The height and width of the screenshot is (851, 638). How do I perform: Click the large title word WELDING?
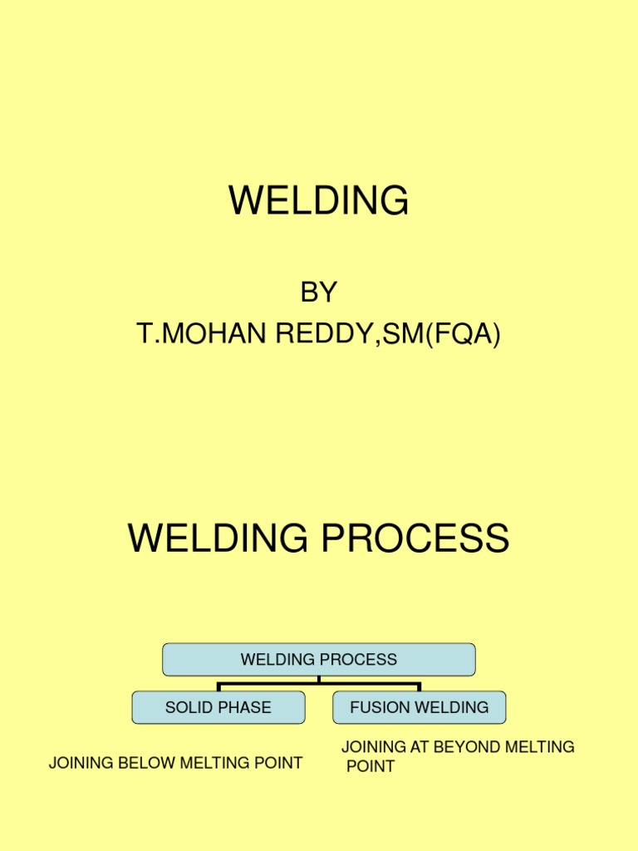[319, 201]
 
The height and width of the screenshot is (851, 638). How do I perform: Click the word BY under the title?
[319, 293]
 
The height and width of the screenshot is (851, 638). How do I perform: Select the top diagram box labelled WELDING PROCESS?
[319, 660]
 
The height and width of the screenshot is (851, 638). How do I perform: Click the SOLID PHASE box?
[218, 708]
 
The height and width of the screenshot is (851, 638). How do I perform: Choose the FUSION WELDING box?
[420, 708]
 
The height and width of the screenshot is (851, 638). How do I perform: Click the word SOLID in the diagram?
[189, 708]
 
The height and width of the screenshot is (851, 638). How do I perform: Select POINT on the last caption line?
[371, 766]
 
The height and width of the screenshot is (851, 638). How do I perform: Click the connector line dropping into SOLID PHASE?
[218, 687]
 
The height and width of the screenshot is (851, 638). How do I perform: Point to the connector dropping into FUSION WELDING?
[420, 687]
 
